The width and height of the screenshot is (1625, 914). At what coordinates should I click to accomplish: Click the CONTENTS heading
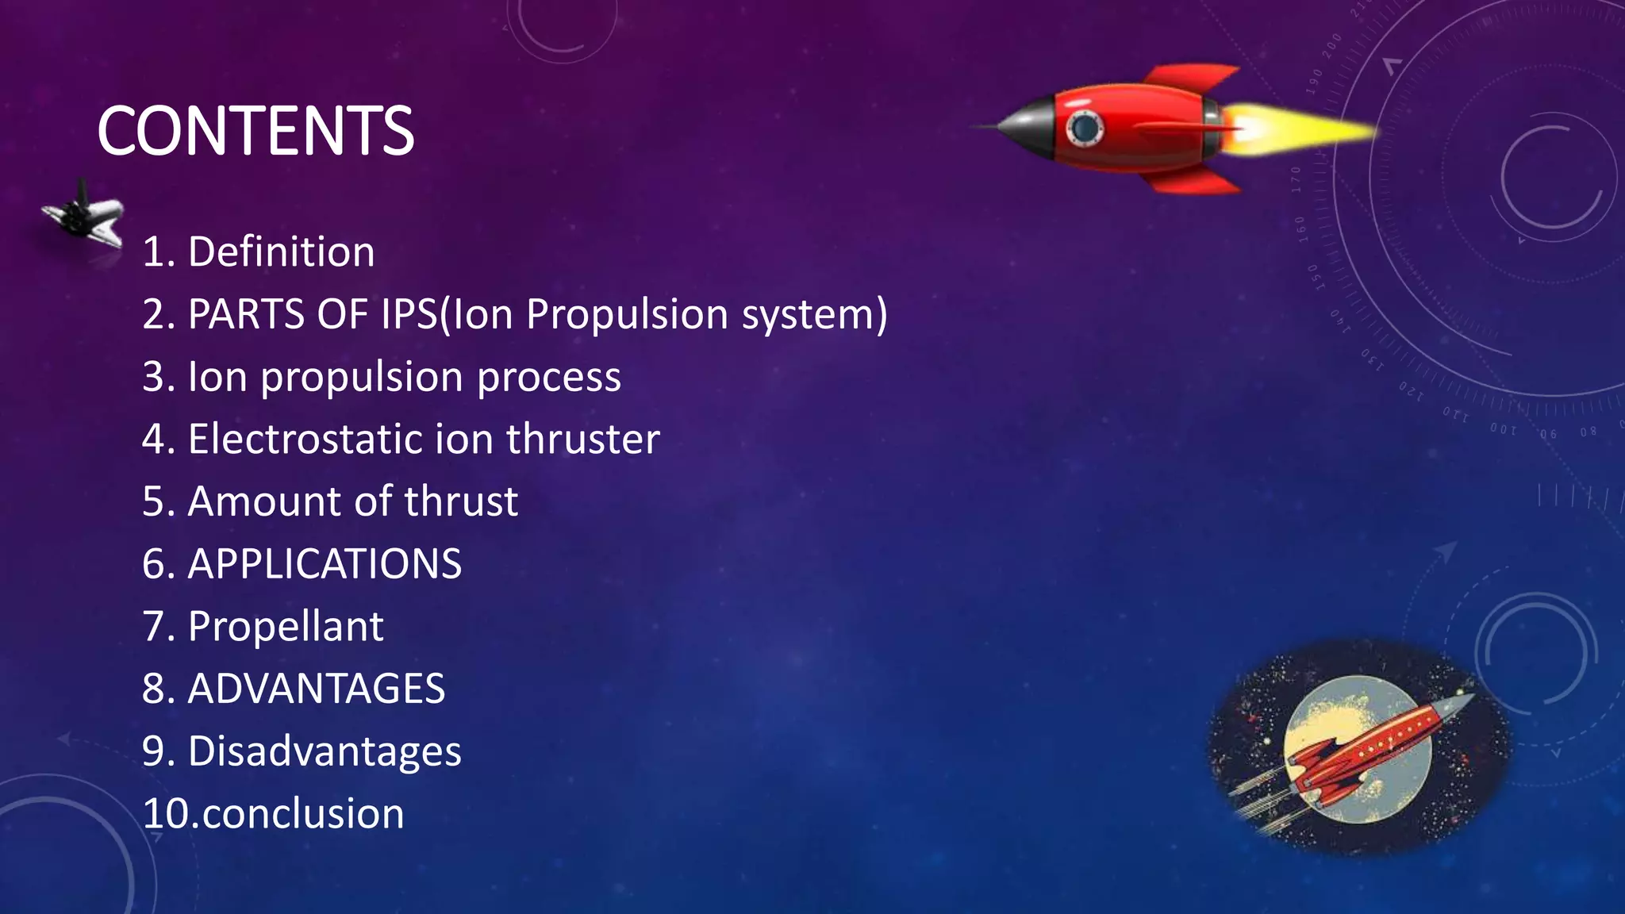[x=255, y=131]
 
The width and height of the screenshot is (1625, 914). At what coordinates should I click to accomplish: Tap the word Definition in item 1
[x=281, y=252]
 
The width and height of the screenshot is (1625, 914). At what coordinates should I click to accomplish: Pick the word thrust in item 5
[x=461, y=501]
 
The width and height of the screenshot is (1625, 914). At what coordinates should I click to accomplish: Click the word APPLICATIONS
[x=325, y=564]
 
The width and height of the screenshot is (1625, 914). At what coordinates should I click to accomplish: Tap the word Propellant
[x=286, y=627]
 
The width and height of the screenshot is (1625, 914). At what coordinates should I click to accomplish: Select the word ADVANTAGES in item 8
[x=317, y=689]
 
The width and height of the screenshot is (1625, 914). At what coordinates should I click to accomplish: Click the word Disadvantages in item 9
[x=325, y=751]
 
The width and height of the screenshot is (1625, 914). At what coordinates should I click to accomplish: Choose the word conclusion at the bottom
[x=303, y=814]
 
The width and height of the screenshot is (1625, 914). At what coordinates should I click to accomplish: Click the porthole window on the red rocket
[x=1084, y=127]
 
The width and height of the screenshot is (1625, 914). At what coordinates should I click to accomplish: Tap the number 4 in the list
[x=152, y=439]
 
